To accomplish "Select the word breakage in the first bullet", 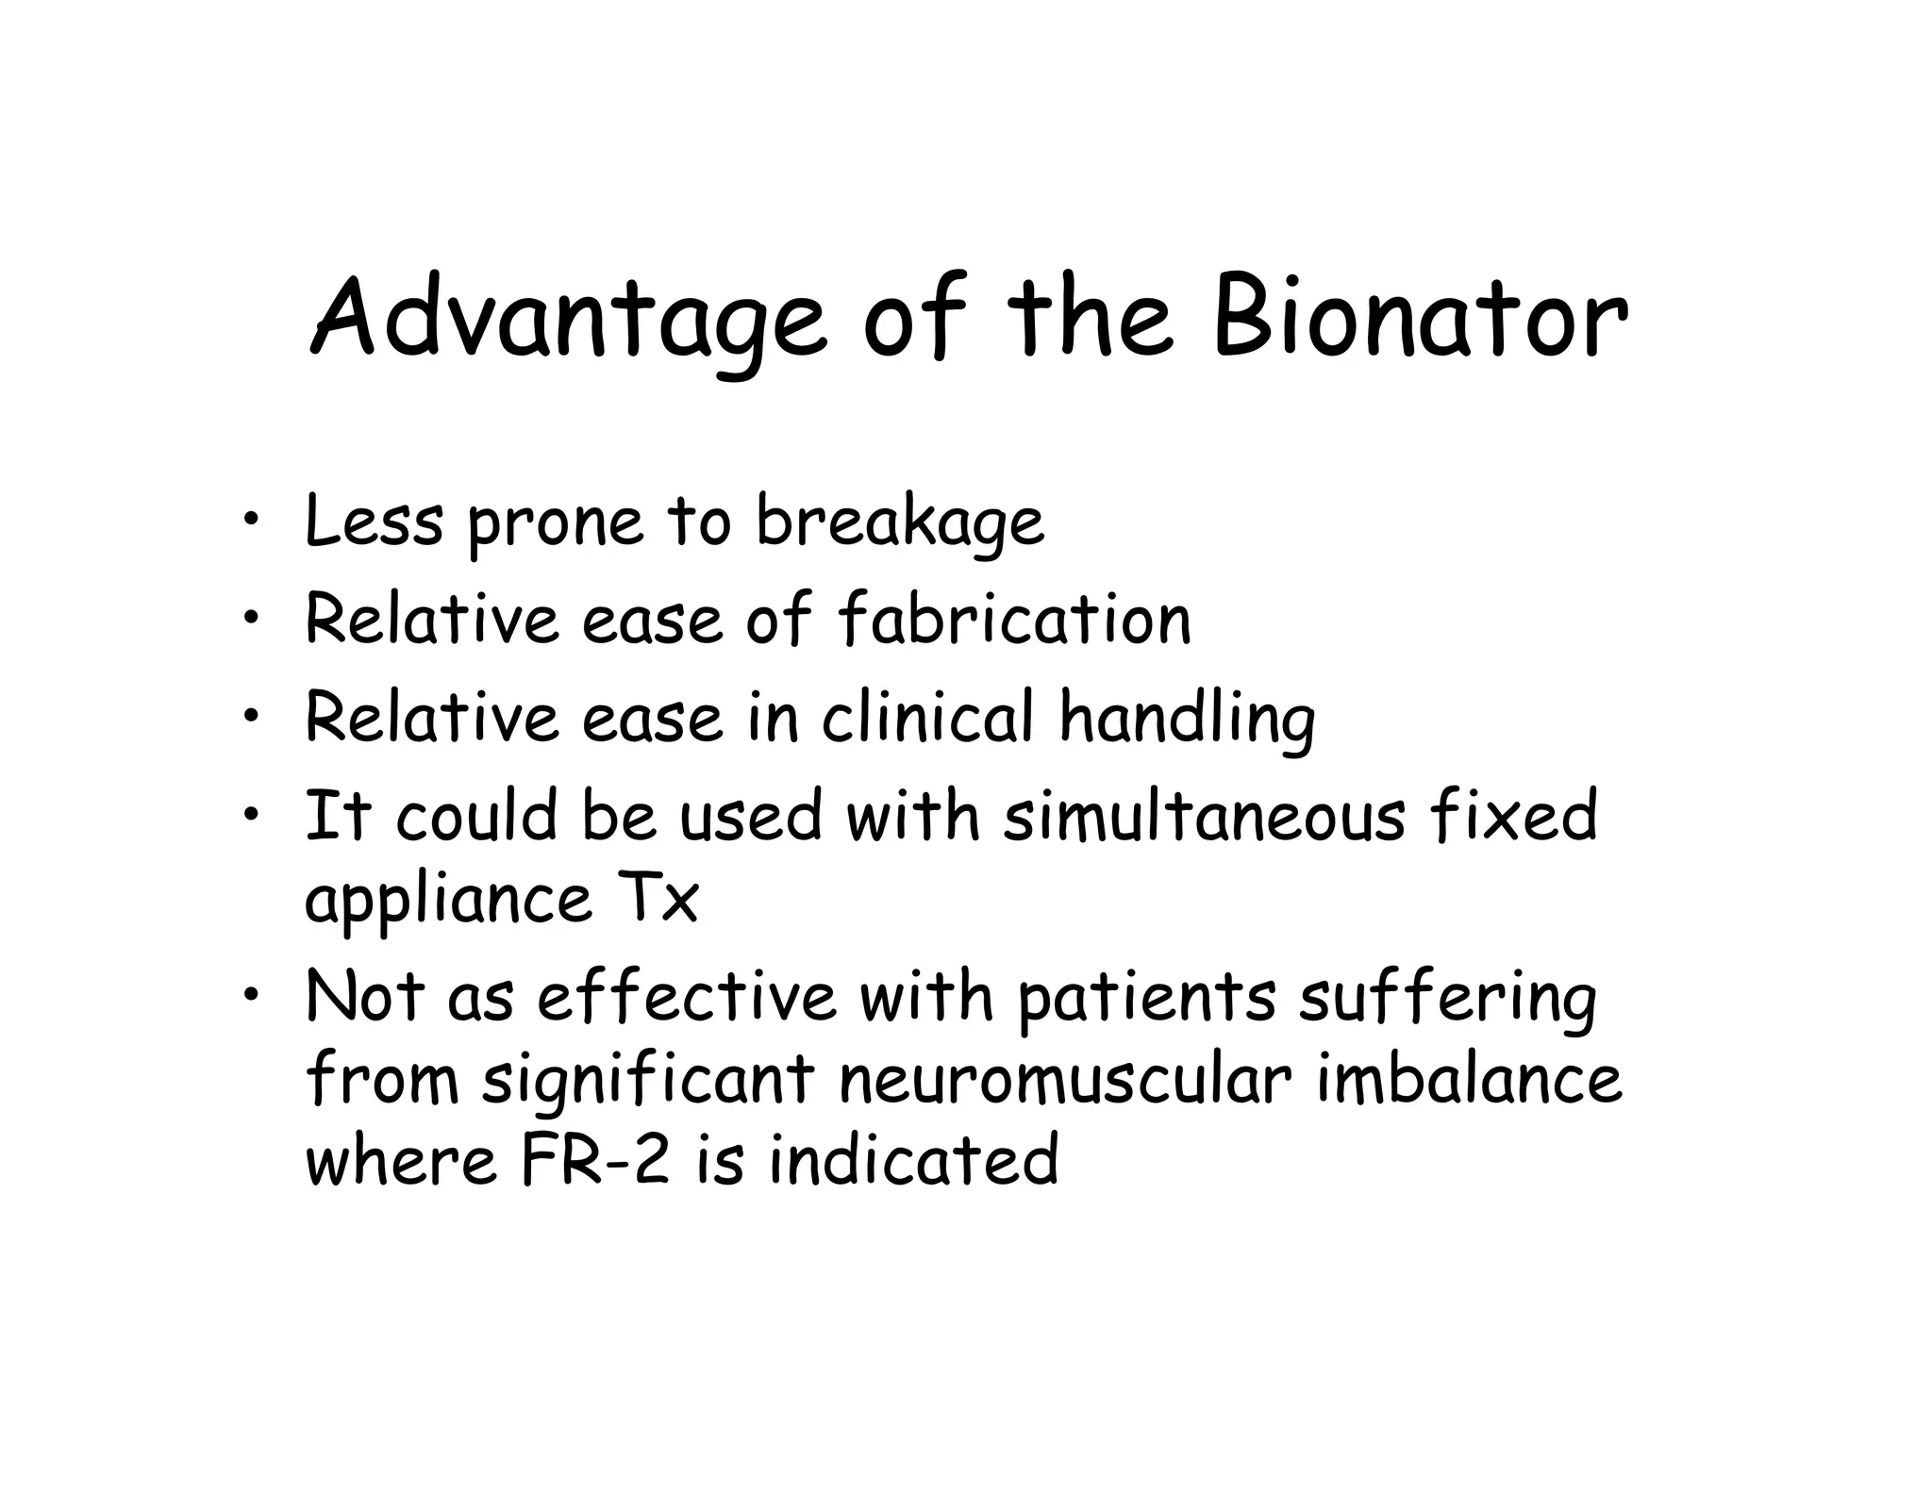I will (900, 522).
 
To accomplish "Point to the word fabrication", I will (1014, 620).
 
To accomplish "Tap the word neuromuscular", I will (1065, 1081).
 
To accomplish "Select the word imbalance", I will (1470, 1079).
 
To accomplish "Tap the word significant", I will (649, 1081).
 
